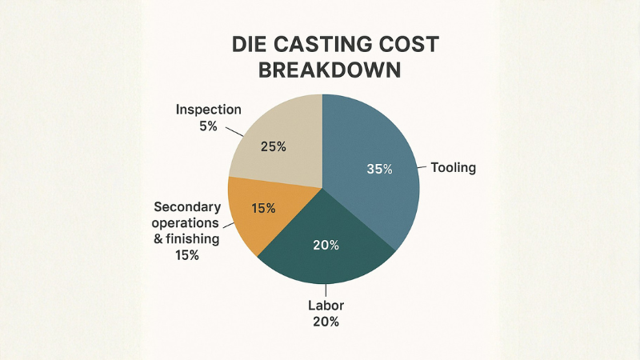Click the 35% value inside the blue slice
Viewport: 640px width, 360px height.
click(379, 169)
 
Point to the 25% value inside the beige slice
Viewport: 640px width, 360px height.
click(274, 146)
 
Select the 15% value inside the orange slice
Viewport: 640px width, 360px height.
click(263, 208)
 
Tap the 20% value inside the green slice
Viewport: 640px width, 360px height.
click(326, 245)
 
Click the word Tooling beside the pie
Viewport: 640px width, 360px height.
click(454, 168)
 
